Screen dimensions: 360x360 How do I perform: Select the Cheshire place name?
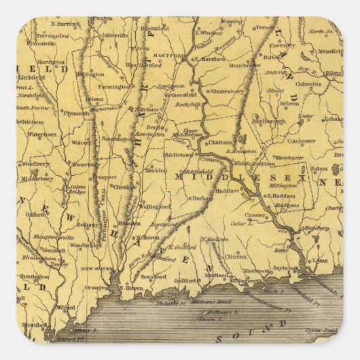click(124, 187)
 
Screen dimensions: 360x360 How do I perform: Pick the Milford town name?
click(66, 307)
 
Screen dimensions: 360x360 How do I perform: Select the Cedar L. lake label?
click(243, 223)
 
